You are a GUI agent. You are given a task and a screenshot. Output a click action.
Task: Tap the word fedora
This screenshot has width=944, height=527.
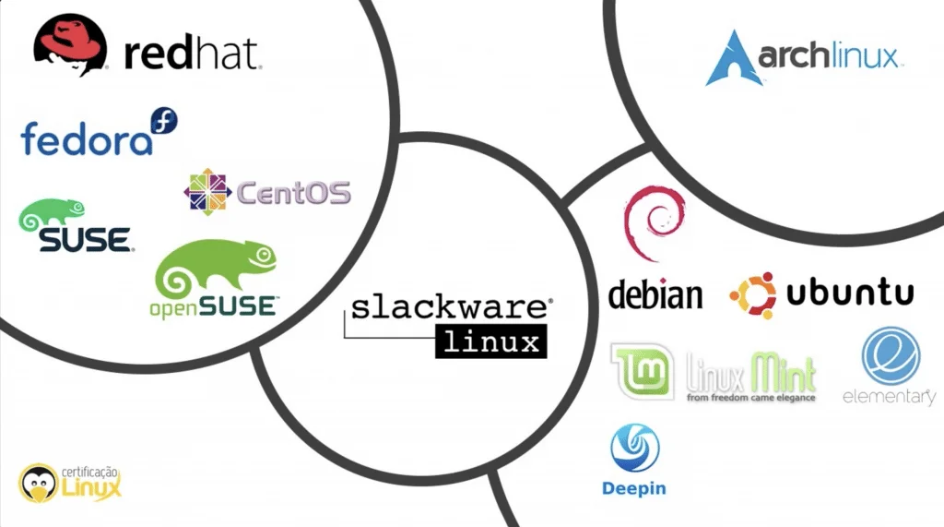click(x=86, y=139)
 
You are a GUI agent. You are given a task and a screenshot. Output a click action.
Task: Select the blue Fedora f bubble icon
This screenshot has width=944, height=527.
click(x=164, y=121)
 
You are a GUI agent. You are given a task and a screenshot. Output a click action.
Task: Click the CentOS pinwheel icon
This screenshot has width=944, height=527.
click(x=206, y=192)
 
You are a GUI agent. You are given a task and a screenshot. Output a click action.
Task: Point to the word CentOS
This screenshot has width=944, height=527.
click(x=294, y=193)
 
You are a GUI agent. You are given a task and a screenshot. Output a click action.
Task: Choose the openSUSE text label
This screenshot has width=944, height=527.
click(x=213, y=306)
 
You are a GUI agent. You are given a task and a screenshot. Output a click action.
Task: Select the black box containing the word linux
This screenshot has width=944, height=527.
click(x=490, y=342)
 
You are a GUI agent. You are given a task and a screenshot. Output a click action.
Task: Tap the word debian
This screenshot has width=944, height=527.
click(x=655, y=295)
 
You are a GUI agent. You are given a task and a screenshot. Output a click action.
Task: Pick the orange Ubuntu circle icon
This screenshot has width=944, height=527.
click(x=752, y=295)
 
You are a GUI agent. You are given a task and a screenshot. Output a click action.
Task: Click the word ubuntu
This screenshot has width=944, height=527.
click(x=850, y=294)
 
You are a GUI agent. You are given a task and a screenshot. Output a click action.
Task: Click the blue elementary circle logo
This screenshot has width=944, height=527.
click(x=891, y=355)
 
